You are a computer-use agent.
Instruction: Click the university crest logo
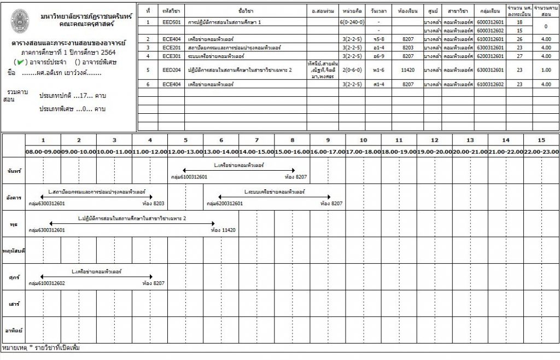(21, 20)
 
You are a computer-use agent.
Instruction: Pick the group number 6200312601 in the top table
(489, 56)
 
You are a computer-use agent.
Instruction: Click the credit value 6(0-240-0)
(352, 22)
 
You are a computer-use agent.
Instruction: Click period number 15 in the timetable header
(541, 140)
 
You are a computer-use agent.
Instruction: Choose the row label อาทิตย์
(13, 330)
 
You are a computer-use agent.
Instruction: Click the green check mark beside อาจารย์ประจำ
(21, 62)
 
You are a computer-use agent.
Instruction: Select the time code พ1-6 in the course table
(378, 70)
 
